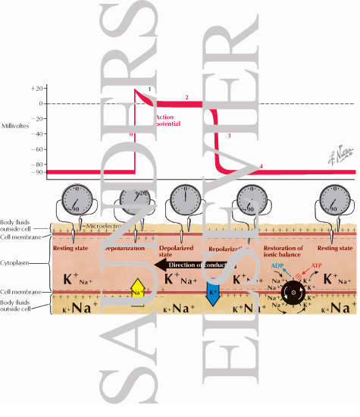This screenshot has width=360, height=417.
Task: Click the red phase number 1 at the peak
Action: [x=150, y=90]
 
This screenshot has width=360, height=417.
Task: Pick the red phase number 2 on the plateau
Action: [x=186, y=98]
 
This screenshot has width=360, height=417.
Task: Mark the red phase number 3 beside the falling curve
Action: [x=228, y=135]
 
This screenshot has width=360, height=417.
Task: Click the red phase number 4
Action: [x=261, y=166]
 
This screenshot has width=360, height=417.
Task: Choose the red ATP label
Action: [x=316, y=246]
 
